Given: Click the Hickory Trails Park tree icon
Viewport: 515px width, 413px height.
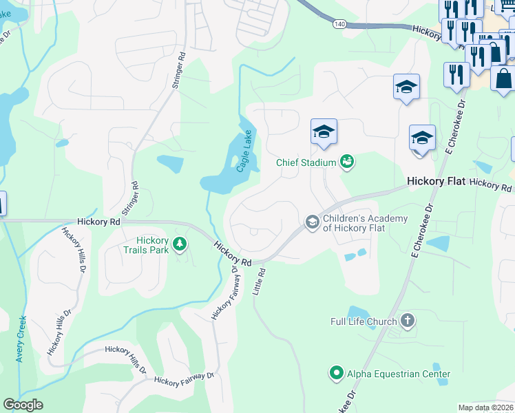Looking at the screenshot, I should tap(180, 244).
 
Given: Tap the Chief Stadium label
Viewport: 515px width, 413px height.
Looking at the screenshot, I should tap(306, 162).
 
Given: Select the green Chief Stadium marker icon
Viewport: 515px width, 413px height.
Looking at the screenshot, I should tap(346, 162).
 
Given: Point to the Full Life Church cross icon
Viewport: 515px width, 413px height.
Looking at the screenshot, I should tap(408, 321).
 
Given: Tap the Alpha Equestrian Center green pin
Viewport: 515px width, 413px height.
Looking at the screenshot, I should tap(336, 374).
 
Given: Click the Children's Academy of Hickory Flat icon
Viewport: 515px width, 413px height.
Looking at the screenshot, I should tap(312, 222).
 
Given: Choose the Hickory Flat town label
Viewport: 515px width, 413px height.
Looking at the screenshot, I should tap(437, 182).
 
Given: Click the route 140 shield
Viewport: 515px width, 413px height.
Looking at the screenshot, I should tap(338, 23).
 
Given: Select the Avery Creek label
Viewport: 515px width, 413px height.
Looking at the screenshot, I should tap(21, 339).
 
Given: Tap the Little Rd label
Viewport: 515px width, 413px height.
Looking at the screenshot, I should tap(260, 282).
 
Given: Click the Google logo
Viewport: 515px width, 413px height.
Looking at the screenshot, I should tap(23, 405).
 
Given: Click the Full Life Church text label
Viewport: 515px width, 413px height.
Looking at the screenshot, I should tap(364, 321).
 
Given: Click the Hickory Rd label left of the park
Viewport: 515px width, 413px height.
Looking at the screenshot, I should tap(99, 222).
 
